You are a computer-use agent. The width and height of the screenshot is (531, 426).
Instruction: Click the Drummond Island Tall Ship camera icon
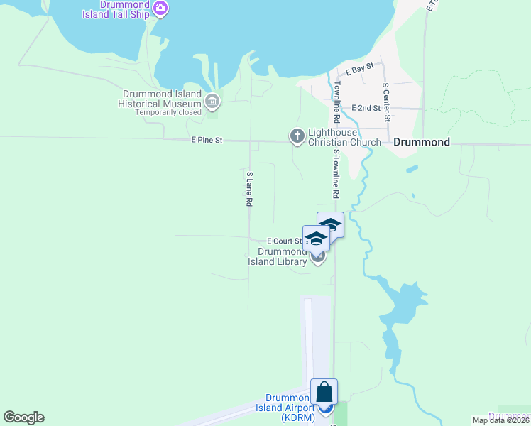click(x=160, y=9)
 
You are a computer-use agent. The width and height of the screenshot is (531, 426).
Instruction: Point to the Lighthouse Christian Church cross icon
click(x=297, y=135)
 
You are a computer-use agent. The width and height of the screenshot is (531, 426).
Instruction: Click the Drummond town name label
click(x=421, y=142)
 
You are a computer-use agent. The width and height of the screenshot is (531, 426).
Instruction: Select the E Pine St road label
click(x=207, y=141)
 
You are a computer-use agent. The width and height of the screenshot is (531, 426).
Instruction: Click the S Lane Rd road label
click(x=249, y=189)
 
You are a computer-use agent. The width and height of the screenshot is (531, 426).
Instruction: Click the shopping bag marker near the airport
click(x=324, y=392)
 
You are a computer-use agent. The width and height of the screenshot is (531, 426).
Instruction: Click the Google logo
click(x=23, y=417)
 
